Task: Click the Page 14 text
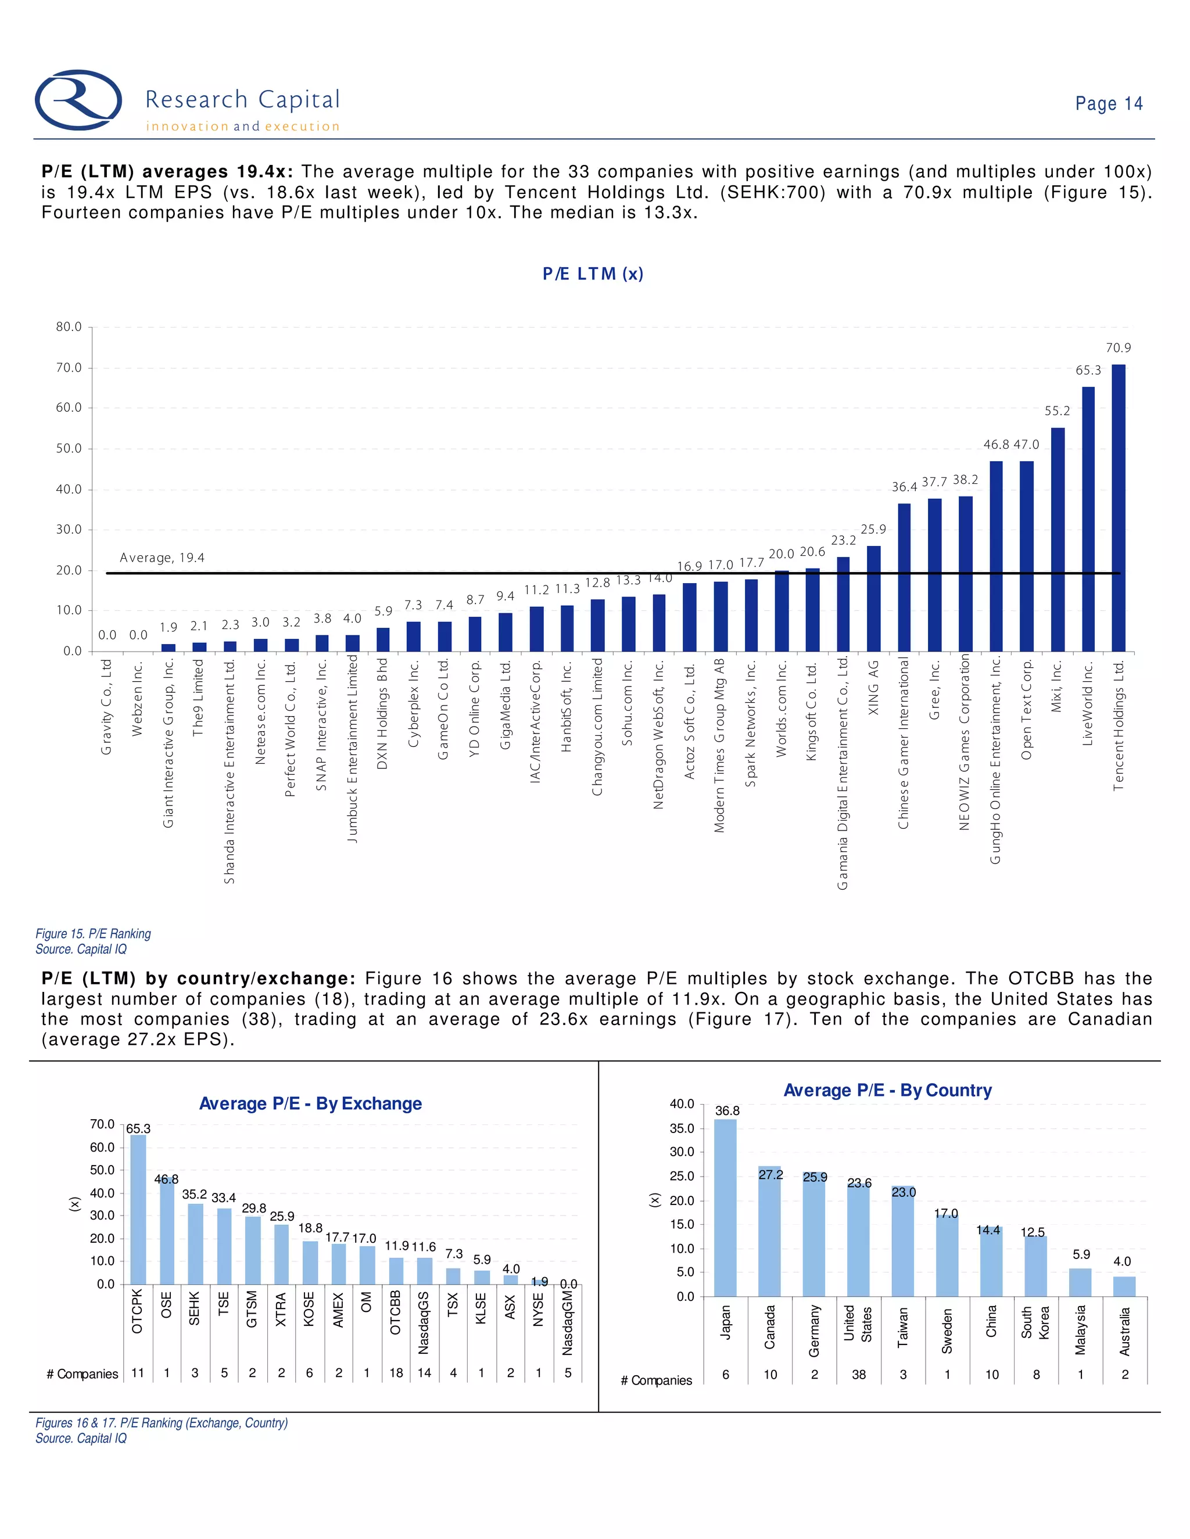click(1108, 103)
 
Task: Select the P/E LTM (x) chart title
click(593, 274)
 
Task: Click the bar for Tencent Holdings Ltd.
click(1118, 508)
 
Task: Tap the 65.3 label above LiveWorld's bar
click(1088, 370)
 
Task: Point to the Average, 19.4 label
click(162, 558)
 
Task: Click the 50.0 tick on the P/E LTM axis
click(69, 448)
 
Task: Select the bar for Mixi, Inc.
click(1058, 539)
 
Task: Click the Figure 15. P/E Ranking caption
click(93, 934)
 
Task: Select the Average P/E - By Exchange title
click(310, 1103)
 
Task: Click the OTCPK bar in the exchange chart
click(138, 1209)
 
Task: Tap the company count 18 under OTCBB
click(396, 1373)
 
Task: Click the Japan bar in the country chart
click(725, 1208)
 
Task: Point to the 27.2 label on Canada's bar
click(770, 1175)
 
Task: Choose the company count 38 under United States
click(859, 1374)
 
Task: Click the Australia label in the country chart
click(1125, 1331)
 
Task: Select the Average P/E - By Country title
click(888, 1090)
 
